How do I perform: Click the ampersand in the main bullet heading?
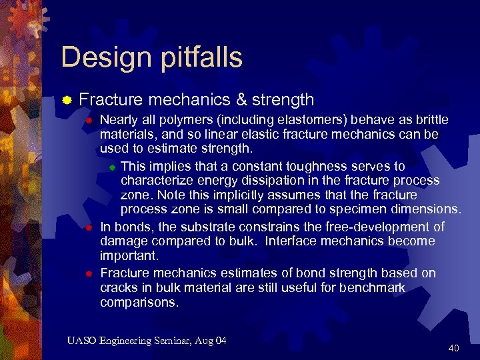coord(241,100)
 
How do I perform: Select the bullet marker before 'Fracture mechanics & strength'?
coord(67,101)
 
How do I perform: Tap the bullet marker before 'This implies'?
coord(113,167)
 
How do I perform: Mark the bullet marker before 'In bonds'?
coord(89,228)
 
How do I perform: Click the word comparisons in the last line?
coord(139,302)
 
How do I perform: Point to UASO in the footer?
coord(81,341)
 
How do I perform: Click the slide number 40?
coord(454,347)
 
